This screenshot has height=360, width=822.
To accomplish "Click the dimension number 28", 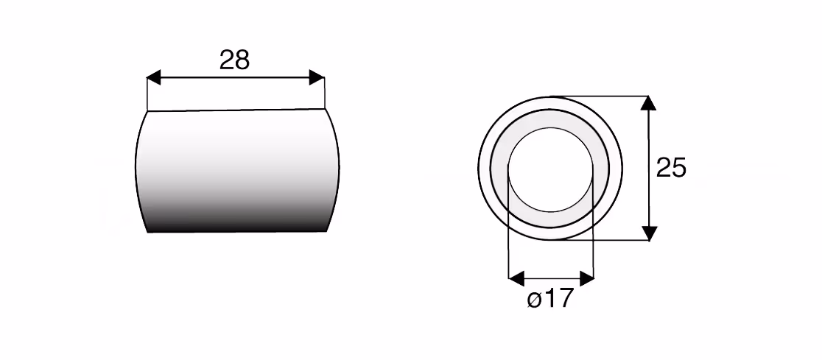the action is tap(234, 60).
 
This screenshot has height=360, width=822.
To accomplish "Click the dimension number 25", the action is tap(671, 168).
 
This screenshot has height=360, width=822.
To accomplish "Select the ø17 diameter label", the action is tap(550, 299).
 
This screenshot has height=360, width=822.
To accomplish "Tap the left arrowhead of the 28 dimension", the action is tap(153, 79).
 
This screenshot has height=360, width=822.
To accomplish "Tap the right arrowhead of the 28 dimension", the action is tap(317, 77).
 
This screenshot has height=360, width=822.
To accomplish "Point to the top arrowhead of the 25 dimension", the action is tap(648, 103).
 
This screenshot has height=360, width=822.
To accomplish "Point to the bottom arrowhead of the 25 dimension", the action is tap(649, 233).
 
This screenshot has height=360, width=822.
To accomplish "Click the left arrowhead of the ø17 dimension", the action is tap(516, 279).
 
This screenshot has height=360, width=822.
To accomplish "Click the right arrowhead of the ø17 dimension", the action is tap(586, 279).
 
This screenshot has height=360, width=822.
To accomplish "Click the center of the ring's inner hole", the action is tap(550, 170).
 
